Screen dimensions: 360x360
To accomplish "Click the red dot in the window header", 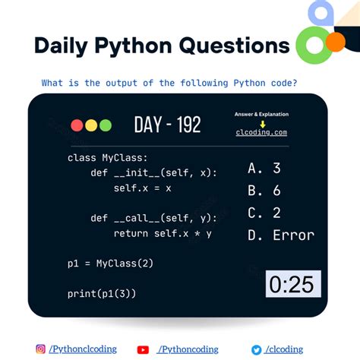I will (x=77, y=125).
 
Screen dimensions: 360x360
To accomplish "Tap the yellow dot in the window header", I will (x=90, y=125).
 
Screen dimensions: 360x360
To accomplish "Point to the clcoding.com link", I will (x=261, y=132).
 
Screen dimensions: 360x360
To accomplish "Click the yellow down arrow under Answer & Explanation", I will (x=261, y=122).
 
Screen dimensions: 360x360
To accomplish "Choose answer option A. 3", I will (x=264, y=169).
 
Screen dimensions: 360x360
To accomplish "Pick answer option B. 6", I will (x=264, y=191).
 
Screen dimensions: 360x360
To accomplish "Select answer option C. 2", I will (x=264, y=213).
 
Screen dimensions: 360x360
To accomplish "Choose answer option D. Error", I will (x=281, y=235).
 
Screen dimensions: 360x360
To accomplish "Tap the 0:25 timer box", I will (x=293, y=284).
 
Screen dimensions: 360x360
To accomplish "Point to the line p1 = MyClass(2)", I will (x=110, y=264).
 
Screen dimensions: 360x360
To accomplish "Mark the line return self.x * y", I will (x=163, y=233).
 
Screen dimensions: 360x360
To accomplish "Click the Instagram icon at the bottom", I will (x=40, y=349).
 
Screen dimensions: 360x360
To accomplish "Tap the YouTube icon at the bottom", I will (x=143, y=349).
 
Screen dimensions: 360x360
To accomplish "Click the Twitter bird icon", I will (x=256, y=349).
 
